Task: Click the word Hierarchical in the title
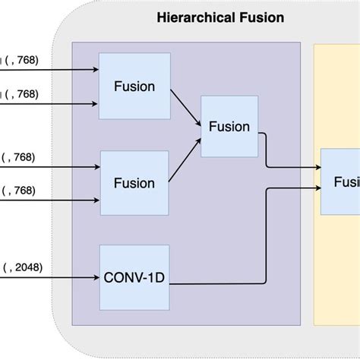[193, 17]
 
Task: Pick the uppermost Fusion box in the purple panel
[134, 86]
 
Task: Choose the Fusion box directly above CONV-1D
[134, 182]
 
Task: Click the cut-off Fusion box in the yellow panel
[341, 182]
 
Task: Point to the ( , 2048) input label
[23, 267]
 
